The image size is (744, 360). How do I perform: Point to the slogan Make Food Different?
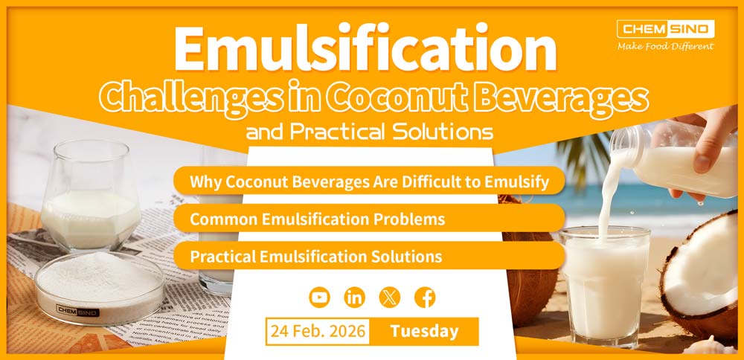[665, 46]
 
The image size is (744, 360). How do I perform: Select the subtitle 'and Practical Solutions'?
[369, 132]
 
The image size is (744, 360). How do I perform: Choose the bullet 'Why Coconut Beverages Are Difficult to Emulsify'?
[368, 181]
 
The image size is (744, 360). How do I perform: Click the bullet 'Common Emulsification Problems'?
[318, 219]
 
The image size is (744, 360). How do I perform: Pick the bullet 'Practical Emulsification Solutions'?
[316, 257]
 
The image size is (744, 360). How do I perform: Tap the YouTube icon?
[319, 298]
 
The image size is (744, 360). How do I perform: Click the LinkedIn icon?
[355, 298]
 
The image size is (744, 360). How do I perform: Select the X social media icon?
[390, 298]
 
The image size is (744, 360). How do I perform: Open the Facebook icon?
[425, 298]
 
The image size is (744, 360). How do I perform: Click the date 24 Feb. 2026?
[318, 331]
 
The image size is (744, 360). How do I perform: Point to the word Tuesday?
[425, 331]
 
